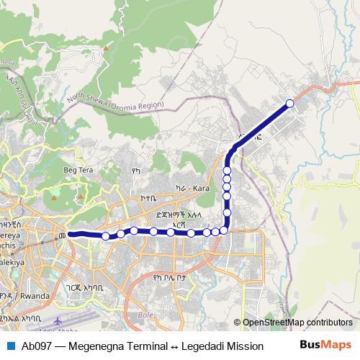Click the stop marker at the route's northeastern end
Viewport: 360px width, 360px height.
coord(290,104)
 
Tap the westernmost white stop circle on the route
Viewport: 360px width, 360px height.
coord(106,236)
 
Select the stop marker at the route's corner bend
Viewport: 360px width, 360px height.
coord(224,230)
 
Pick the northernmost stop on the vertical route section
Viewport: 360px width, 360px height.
coord(227,171)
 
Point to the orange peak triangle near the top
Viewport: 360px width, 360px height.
coord(106,48)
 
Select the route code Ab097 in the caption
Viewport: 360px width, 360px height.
coord(36,345)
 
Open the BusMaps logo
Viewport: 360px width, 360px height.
coord(325,344)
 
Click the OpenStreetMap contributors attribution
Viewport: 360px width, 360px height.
coord(297,323)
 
